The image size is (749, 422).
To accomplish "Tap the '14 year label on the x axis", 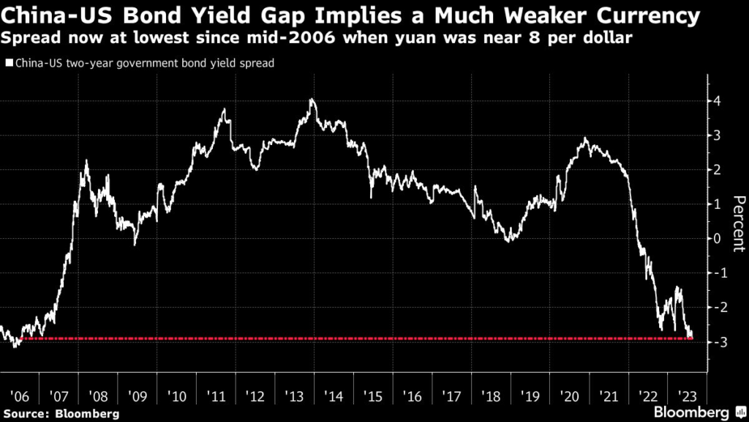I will click(x=335, y=396).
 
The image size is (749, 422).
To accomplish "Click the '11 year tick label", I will click(x=217, y=396).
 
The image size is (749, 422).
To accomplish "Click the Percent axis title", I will click(x=738, y=223).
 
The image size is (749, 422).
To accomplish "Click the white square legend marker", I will click(x=8, y=63).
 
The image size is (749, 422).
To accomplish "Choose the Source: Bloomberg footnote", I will click(x=60, y=414).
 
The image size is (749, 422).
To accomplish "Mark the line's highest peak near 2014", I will click(x=312, y=99).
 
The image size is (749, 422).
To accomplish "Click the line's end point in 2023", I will click(x=692, y=338).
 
